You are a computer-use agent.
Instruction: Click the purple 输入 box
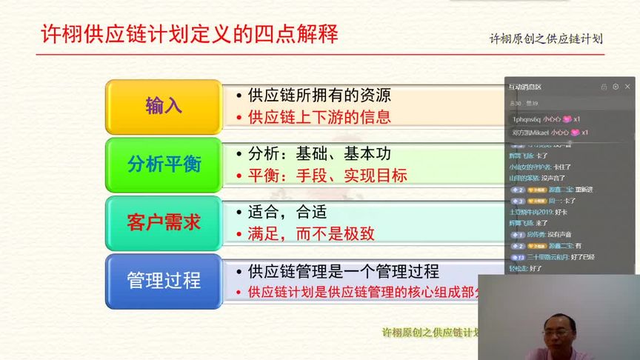pos(164,106)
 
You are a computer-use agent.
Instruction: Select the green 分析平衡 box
pos(164,164)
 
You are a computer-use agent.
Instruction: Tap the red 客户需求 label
pos(164,222)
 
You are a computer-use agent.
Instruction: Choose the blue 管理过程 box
pos(164,281)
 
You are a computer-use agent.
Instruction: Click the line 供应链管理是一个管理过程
pos(343,271)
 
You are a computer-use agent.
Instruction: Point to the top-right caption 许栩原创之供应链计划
pos(546,39)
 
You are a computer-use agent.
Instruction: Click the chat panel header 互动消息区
pos(524,87)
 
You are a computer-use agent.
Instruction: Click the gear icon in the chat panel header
pos(616,87)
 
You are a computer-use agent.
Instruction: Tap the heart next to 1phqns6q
pos(568,119)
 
